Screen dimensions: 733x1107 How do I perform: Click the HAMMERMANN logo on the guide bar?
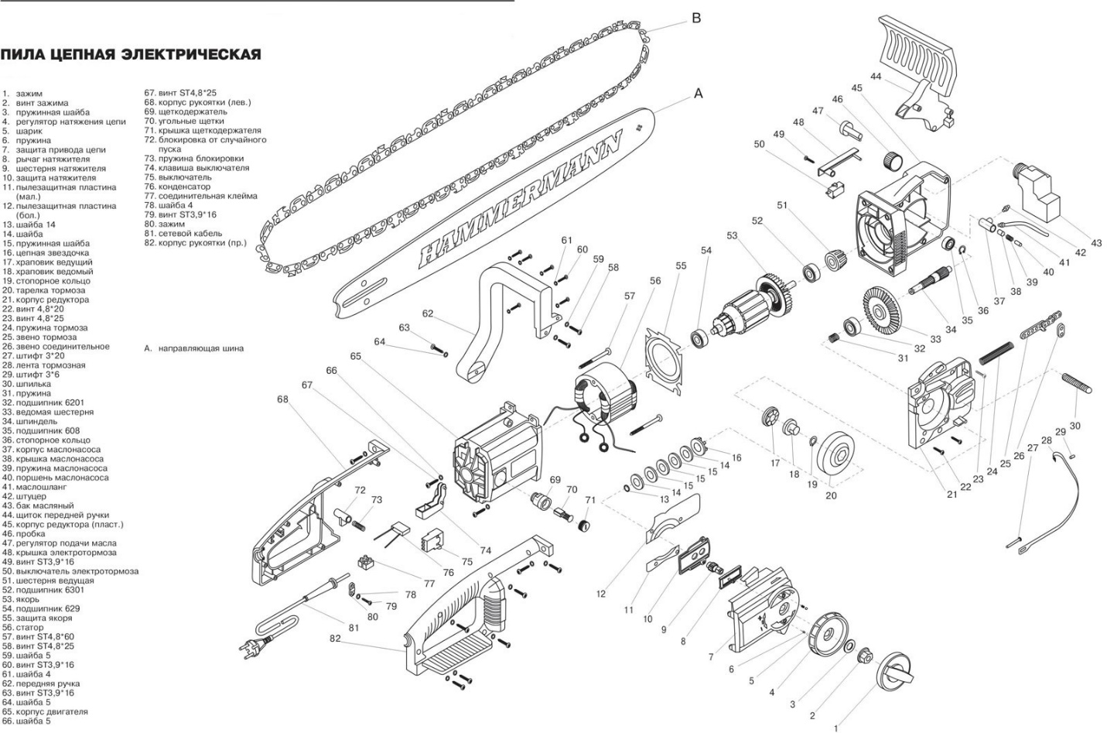521,200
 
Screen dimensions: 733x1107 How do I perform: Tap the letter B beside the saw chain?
695,18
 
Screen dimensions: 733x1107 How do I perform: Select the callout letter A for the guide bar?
698,94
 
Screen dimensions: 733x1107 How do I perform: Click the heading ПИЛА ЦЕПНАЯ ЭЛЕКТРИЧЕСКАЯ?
130,55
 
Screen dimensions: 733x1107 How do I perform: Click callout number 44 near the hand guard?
875,77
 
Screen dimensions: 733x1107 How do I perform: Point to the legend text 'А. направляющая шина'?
193,348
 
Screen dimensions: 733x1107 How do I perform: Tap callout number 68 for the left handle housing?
282,399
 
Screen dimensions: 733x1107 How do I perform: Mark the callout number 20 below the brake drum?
831,495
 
